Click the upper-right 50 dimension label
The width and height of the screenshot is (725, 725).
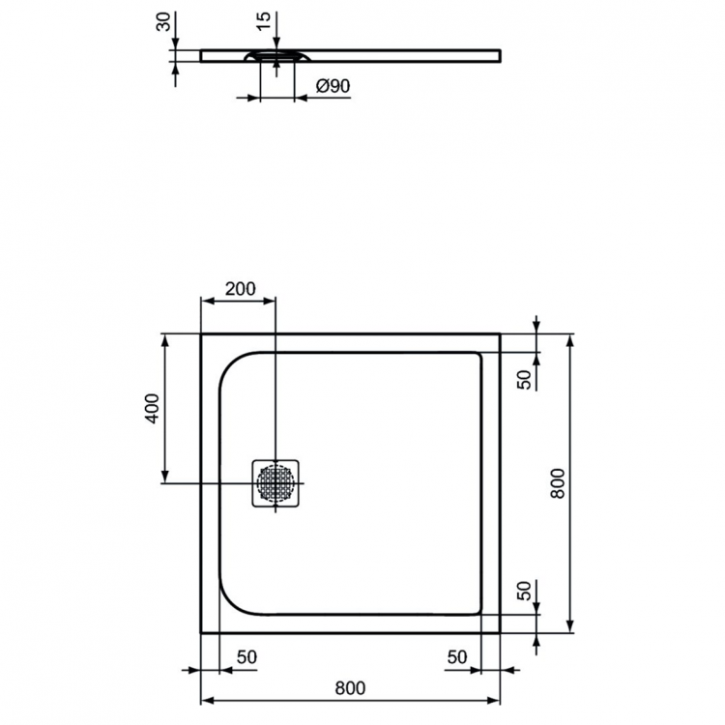click(525, 379)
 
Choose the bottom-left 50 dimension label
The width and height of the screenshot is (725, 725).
click(246, 657)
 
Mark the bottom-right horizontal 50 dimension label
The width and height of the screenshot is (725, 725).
click(456, 657)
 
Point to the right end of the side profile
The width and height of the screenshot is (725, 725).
click(501, 55)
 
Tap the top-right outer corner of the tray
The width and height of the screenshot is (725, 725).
click(500, 334)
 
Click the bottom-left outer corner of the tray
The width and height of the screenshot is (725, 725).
click(201, 632)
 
